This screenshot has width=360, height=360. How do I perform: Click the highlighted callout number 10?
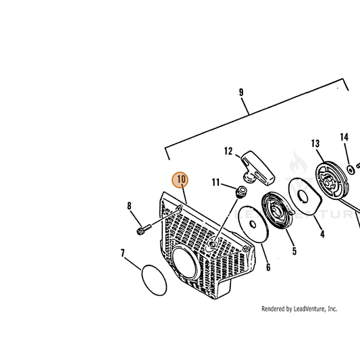(180, 179)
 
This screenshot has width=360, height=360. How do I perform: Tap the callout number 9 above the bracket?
(241, 93)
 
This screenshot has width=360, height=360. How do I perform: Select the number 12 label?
(228, 151)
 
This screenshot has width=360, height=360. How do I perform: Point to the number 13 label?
(315, 143)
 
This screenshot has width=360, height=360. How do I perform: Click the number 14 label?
(344, 137)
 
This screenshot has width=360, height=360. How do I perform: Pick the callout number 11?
(216, 182)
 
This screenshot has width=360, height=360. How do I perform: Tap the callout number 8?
(129, 206)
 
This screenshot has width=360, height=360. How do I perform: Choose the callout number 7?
(123, 253)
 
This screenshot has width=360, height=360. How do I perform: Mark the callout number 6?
(268, 267)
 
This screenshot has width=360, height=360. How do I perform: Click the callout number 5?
(294, 251)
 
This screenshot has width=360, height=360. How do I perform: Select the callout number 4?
(323, 234)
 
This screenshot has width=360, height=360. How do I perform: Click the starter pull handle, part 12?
(258, 169)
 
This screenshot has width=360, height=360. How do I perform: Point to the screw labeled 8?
(144, 229)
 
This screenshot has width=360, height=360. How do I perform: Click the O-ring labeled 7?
(154, 280)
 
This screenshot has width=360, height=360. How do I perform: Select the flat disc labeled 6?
(253, 224)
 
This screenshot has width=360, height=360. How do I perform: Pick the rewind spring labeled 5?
(277, 211)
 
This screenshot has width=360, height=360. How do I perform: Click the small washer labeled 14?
(351, 170)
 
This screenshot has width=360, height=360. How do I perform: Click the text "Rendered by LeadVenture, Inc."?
(299, 309)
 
